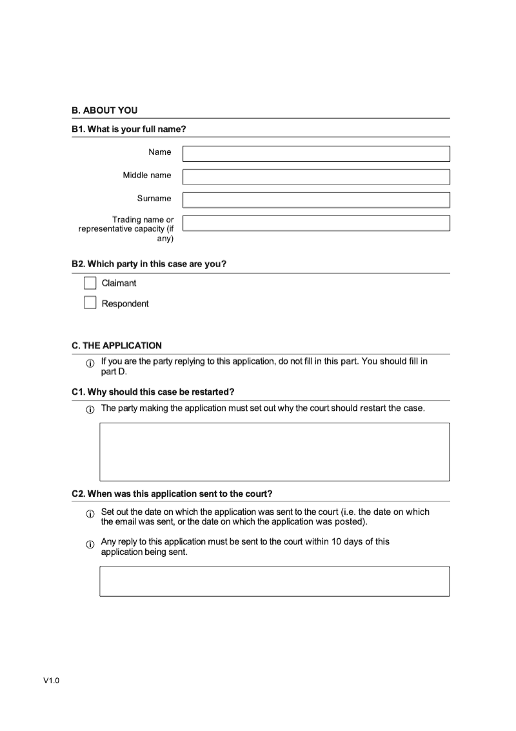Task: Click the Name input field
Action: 316,154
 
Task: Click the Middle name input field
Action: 316,177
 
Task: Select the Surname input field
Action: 316,200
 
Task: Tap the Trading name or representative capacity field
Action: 316,223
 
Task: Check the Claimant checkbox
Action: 90,283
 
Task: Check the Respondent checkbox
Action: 90,303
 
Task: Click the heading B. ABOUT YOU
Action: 104,110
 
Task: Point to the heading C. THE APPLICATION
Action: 117,345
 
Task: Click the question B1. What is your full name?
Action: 129,129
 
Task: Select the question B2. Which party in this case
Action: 149,264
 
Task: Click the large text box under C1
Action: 274,452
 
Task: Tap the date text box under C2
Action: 274,581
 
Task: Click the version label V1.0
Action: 52,680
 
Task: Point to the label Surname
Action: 154,198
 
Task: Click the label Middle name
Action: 147,175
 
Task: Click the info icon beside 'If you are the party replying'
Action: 90,364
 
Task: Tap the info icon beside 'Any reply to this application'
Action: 90,544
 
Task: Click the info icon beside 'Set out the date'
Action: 90,514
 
